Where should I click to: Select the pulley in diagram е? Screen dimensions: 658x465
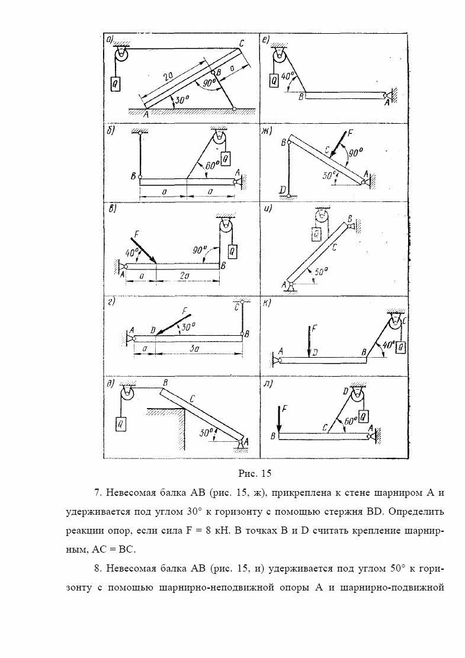(x=279, y=57)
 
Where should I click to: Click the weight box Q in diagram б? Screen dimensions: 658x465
(x=226, y=158)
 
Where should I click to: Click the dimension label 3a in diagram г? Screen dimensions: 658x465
(x=195, y=349)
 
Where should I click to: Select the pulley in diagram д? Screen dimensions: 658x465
(x=126, y=393)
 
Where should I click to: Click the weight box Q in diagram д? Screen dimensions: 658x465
(x=121, y=423)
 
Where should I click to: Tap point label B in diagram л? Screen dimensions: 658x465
(x=272, y=436)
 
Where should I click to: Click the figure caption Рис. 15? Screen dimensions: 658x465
(x=254, y=473)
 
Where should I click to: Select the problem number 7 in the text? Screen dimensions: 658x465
(x=97, y=493)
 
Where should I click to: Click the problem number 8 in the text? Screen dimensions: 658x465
(x=97, y=569)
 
